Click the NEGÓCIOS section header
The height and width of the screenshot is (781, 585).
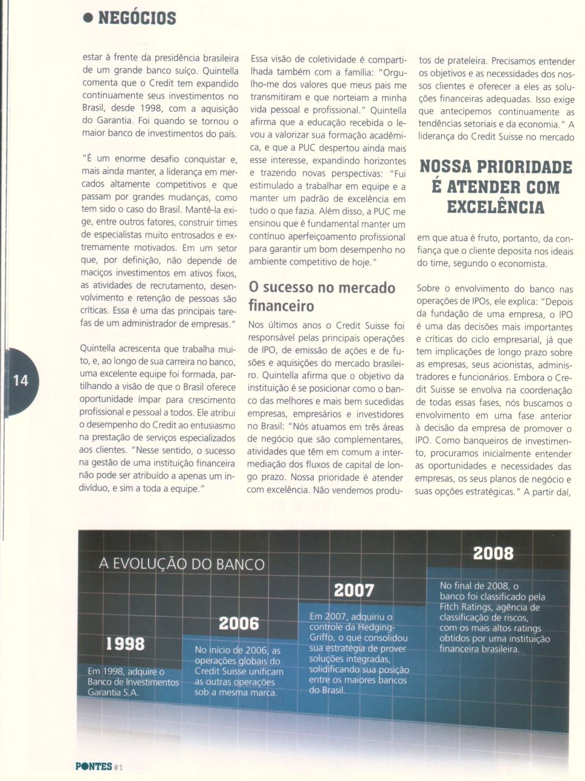pyautogui.click(x=137, y=18)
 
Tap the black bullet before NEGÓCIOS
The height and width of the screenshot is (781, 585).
pyautogui.click(x=88, y=18)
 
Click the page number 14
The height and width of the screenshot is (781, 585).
pyautogui.click(x=21, y=380)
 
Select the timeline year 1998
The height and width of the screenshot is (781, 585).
pyautogui.click(x=125, y=644)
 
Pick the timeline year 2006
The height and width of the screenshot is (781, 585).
pyautogui.click(x=239, y=623)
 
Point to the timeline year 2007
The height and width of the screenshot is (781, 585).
pyautogui.click(x=354, y=590)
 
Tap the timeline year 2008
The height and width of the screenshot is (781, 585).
pyautogui.click(x=493, y=553)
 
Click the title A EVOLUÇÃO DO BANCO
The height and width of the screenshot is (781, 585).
pyautogui.click(x=182, y=564)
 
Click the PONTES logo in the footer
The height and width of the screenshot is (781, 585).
pyautogui.click(x=94, y=767)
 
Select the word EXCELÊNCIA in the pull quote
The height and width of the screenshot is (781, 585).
pyautogui.click(x=496, y=207)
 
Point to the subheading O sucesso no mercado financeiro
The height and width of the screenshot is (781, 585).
pyautogui.click(x=322, y=296)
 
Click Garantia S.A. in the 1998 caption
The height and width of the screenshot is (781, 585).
pyautogui.click(x=113, y=692)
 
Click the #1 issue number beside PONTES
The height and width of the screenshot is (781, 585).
pyautogui.click(x=118, y=767)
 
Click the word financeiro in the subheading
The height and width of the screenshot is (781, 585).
pyautogui.click(x=281, y=306)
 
